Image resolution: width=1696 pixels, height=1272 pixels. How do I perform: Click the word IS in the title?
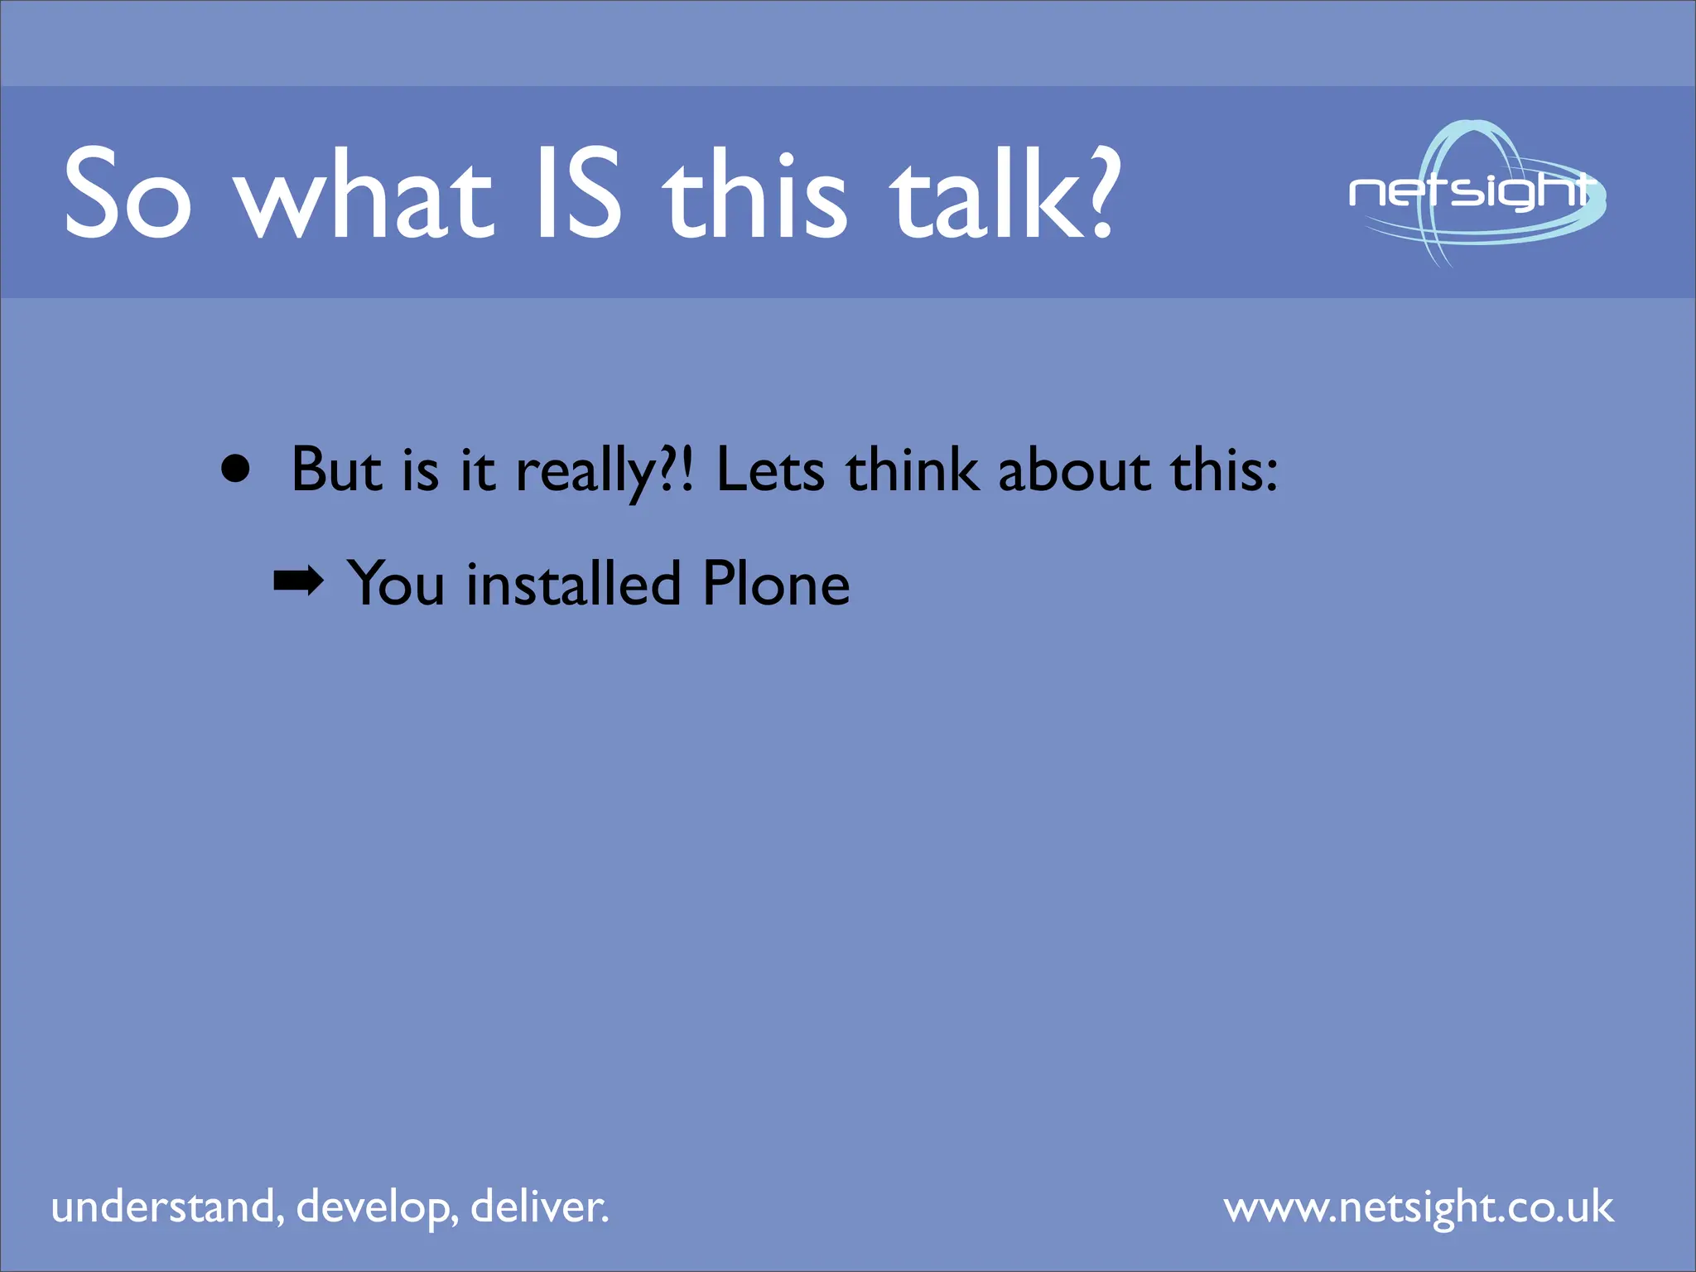pos(578,192)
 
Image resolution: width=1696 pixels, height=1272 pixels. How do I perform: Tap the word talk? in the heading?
pos(1005,192)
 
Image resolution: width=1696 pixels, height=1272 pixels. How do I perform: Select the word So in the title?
pos(128,192)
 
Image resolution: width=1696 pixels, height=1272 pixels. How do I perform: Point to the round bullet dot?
pos(236,469)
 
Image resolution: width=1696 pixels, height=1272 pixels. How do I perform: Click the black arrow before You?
pos(298,581)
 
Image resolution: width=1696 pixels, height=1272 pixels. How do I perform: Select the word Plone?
pos(776,584)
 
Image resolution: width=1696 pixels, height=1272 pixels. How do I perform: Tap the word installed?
pos(573,584)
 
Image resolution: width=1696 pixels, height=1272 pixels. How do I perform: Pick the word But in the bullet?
pos(337,470)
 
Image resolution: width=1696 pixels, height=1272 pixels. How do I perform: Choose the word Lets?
pos(770,470)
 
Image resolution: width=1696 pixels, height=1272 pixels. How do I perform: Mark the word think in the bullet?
pos(912,470)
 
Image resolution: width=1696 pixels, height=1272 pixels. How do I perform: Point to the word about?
pos(1074,470)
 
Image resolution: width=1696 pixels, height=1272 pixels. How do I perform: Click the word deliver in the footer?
pos(538,1207)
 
